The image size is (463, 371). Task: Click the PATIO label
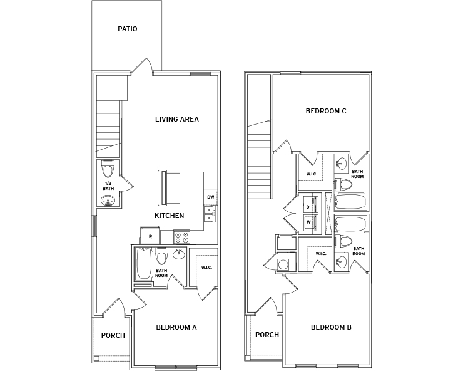click(127, 29)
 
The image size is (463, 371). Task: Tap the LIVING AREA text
click(177, 119)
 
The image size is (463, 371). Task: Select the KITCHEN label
click(169, 216)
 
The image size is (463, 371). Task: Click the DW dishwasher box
click(210, 197)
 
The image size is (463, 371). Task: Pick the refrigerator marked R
click(150, 236)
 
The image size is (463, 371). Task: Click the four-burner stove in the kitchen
click(181, 237)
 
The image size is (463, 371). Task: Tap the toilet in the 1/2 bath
click(107, 169)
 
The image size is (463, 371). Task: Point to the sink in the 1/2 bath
click(108, 201)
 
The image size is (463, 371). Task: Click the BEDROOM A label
click(176, 327)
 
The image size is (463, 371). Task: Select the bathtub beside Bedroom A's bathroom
click(144, 264)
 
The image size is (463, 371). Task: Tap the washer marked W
click(311, 222)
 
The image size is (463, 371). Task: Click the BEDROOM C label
click(326, 112)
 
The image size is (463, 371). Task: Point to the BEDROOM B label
click(332, 327)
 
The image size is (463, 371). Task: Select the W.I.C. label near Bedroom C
click(312, 174)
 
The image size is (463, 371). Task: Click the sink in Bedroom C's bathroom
click(342, 163)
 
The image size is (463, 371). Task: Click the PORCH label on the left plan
click(113, 335)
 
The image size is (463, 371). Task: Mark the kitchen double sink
click(210, 214)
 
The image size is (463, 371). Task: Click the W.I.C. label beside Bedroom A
click(206, 268)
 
